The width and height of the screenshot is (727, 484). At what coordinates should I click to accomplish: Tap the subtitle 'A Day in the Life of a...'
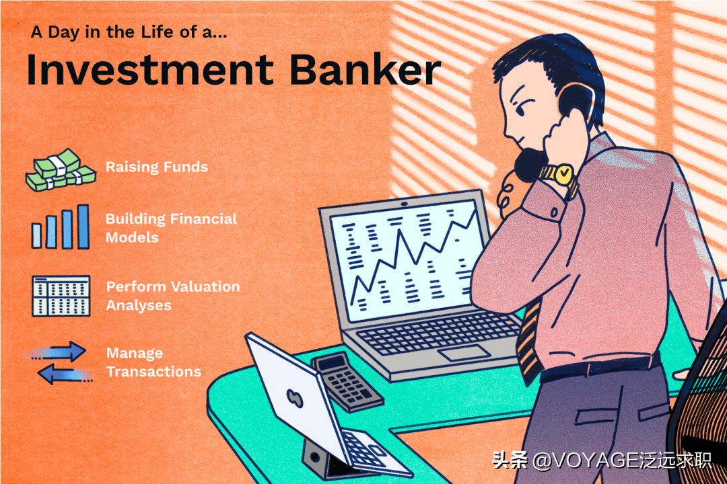(129, 32)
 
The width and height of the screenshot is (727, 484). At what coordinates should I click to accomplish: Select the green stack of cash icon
(54, 170)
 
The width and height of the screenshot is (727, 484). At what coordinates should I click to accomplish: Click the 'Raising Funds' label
(156, 167)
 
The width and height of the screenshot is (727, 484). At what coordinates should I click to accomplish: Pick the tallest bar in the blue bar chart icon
(83, 227)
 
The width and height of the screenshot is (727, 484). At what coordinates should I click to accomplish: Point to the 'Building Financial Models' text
(171, 228)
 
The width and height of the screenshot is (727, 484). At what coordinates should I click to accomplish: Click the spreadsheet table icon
(61, 296)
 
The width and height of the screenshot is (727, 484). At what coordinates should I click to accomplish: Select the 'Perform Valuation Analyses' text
(172, 296)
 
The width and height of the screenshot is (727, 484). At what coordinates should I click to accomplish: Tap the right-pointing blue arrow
(65, 352)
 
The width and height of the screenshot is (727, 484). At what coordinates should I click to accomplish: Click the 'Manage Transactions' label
(153, 362)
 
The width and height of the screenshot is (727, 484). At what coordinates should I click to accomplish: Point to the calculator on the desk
(345, 381)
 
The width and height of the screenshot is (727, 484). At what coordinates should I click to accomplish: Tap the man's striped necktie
(530, 343)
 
